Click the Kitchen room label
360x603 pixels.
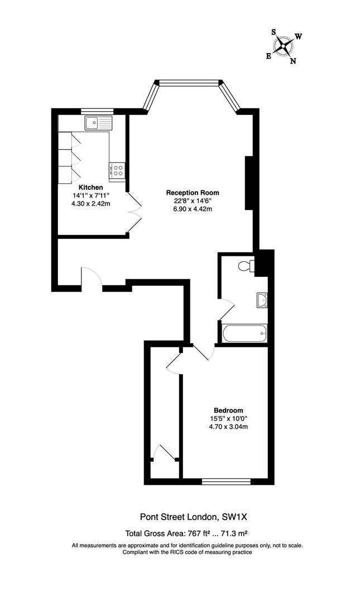click(90, 187)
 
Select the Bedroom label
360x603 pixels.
click(228, 410)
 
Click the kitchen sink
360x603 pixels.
click(98, 122)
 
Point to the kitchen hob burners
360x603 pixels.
click(118, 170)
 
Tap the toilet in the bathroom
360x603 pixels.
click(245, 266)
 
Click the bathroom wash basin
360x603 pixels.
click(261, 300)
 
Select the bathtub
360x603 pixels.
click(244, 334)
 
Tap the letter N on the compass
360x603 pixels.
click(293, 61)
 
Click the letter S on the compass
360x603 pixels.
click(274, 32)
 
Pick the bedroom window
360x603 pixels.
click(225, 481)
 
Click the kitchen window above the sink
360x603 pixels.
click(98, 111)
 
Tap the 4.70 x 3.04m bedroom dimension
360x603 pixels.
click(228, 427)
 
